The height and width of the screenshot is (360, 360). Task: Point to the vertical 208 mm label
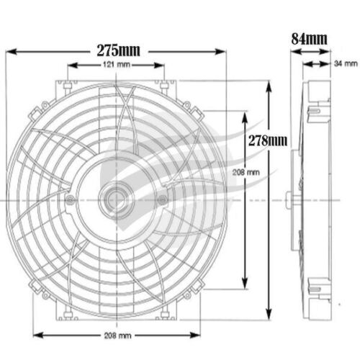click(x=247, y=173)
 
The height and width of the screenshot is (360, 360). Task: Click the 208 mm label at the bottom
click(x=117, y=336)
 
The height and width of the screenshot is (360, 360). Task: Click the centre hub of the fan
click(x=115, y=198)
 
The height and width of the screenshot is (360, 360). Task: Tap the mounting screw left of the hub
click(x=69, y=199)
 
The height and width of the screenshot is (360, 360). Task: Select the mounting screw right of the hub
click(x=162, y=199)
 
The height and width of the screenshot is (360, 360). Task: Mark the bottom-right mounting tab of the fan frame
click(x=165, y=312)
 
